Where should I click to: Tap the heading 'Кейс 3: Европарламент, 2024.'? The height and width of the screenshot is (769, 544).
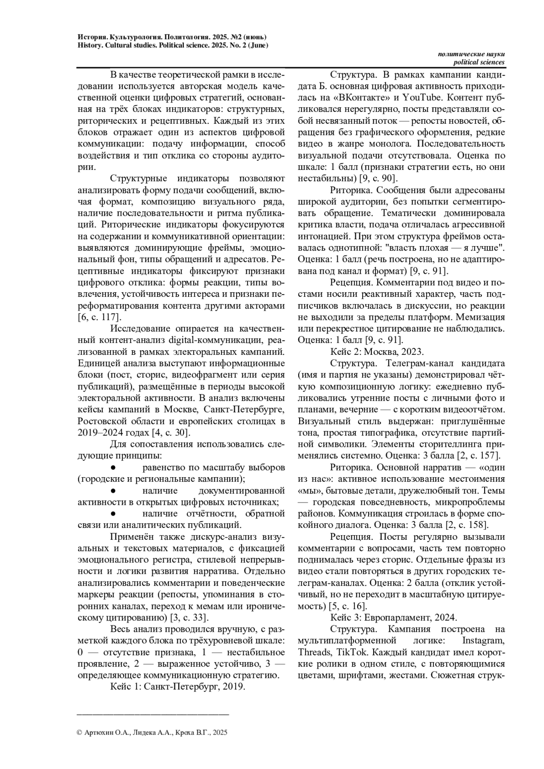coord(394,617)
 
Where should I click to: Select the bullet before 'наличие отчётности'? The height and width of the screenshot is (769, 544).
coord(114,513)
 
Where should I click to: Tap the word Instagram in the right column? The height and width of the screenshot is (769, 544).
coord(483,640)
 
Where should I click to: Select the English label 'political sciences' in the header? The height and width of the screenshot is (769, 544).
coord(479,62)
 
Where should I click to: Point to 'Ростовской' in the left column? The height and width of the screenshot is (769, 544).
coord(102,421)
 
